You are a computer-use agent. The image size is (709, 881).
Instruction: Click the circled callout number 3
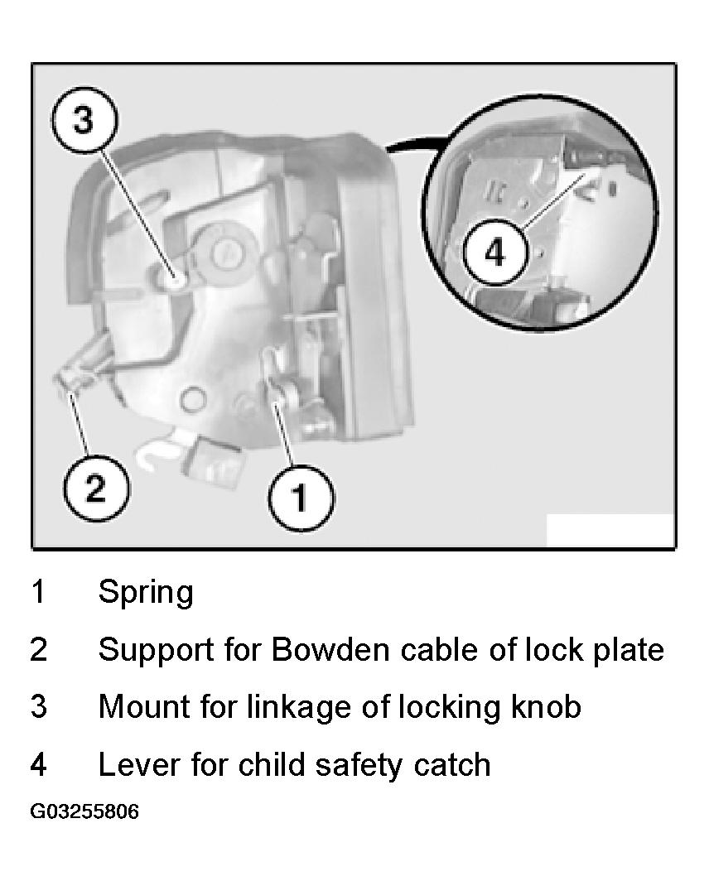(84, 119)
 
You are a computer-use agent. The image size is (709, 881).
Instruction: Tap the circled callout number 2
(95, 487)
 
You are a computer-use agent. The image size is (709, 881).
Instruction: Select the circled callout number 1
(301, 496)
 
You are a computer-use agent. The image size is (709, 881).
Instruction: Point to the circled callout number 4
(495, 253)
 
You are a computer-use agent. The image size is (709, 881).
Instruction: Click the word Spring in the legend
(146, 593)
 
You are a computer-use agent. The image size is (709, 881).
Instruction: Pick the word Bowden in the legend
(330, 649)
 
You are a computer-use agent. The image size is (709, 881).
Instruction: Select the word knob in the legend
(545, 706)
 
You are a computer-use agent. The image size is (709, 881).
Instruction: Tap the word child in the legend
(272, 764)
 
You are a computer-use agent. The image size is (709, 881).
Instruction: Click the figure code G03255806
(84, 811)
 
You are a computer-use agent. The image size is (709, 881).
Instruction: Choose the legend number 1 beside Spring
(38, 591)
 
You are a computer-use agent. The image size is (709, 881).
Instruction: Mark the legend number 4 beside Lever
(38, 764)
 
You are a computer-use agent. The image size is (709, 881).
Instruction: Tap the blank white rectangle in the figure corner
(610, 529)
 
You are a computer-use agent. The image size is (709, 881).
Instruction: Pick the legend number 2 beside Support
(38, 649)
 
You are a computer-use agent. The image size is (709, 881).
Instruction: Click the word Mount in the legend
(144, 706)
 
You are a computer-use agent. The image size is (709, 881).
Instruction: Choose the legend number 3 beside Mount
(38, 706)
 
